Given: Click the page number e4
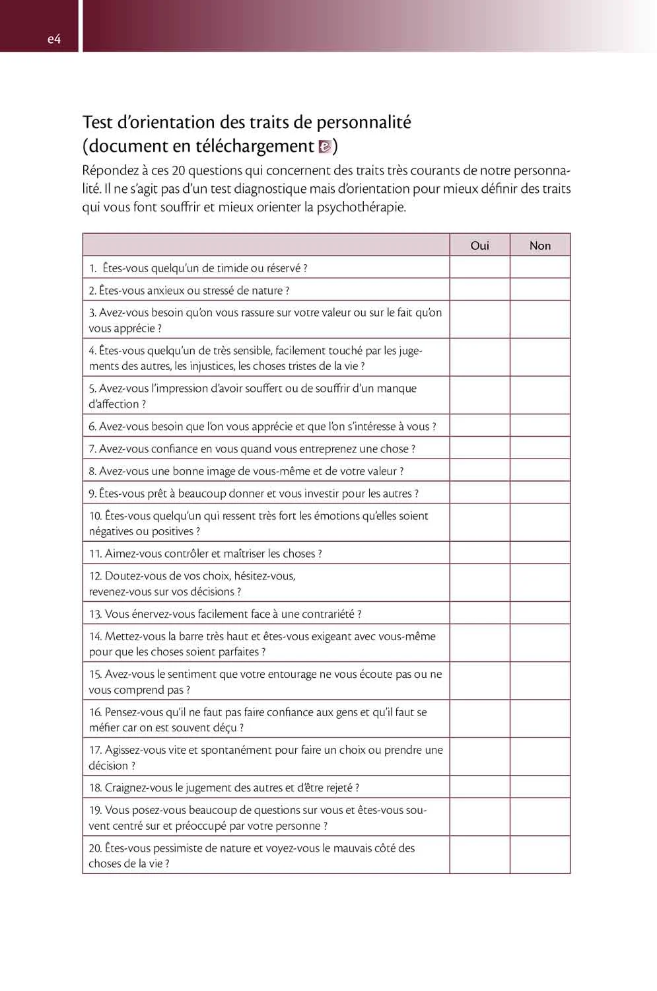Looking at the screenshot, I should (x=54, y=39).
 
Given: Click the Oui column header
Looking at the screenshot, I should (x=480, y=245).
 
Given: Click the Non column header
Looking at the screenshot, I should (x=540, y=245).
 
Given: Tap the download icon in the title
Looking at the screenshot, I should (x=324, y=147).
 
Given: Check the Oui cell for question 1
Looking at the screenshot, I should (x=480, y=268).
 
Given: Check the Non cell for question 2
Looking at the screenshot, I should (x=540, y=290).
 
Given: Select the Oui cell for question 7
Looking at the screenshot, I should (x=480, y=448).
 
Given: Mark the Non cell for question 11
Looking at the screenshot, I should (x=540, y=553).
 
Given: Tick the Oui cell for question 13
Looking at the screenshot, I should (x=480, y=613).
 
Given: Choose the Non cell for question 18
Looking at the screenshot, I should (x=540, y=787).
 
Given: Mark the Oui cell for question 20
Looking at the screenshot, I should (x=480, y=855).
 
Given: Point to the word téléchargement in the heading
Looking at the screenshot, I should (x=255, y=146).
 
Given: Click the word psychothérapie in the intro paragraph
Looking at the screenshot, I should (x=361, y=207).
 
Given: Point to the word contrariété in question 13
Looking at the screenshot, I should (x=328, y=614).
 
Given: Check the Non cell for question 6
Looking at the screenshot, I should (x=540, y=425).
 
